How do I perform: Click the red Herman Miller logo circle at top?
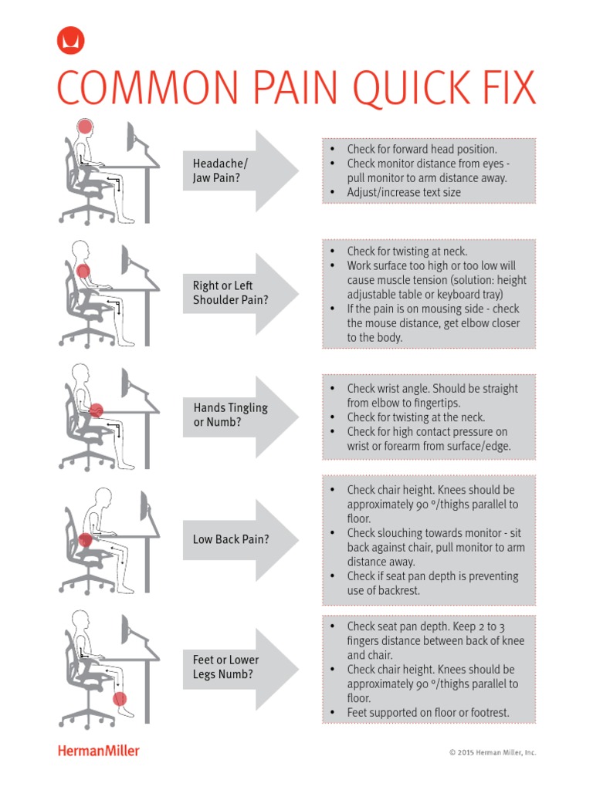pos(71,41)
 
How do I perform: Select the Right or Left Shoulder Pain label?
pos(230,293)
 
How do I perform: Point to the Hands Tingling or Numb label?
pos(230,415)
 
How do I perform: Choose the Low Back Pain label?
pos(231,539)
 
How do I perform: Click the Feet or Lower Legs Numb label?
pos(225,667)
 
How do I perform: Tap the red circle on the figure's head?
pos(84,127)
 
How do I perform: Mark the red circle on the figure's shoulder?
pos(83,271)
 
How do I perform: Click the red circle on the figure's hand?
pos(97,410)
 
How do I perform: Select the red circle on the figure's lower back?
pos(85,540)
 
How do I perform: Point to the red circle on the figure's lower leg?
pos(119,699)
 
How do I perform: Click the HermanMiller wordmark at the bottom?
pos(99,751)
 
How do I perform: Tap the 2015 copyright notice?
pos(493,753)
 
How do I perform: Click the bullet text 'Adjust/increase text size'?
pos(403,192)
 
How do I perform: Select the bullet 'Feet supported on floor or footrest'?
pos(428,713)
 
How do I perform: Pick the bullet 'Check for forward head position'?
pos(422,149)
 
